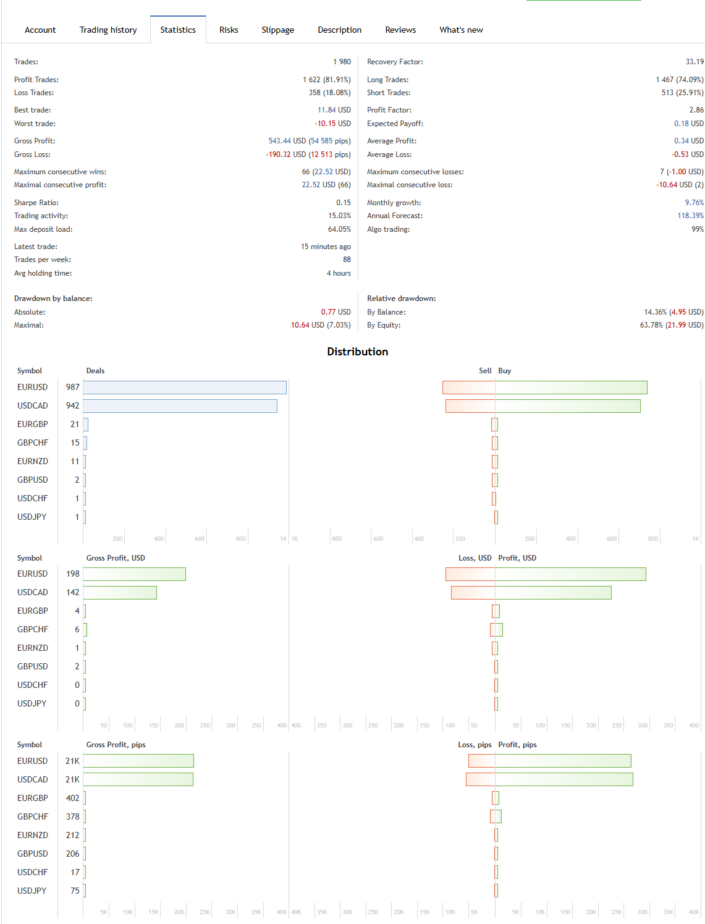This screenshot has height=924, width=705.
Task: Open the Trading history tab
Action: point(108,30)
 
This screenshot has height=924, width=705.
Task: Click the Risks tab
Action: point(229,30)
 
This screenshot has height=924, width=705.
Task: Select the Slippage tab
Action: point(277,30)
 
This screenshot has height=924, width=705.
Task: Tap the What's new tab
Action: point(461,30)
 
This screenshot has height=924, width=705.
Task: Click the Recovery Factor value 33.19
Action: point(694,62)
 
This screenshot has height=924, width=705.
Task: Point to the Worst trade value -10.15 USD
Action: point(332,124)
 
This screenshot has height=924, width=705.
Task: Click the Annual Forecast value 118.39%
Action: point(690,216)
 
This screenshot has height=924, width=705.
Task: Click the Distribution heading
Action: point(357,352)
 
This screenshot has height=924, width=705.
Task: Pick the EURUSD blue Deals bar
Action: point(185,388)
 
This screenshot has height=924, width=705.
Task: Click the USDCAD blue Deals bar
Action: point(180,406)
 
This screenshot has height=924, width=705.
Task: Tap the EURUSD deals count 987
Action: point(72,388)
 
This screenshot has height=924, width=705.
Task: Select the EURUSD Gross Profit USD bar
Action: point(134,574)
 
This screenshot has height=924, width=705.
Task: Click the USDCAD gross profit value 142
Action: point(72,593)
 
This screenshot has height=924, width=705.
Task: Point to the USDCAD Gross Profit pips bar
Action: point(138,779)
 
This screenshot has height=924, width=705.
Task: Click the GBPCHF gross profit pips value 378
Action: point(72,816)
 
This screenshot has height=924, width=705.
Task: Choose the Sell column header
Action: point(485,371)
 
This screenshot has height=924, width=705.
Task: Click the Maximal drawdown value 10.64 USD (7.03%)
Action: point(321,325)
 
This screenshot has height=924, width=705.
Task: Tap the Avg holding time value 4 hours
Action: point(339,273)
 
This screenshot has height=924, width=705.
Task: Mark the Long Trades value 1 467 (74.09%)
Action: point(679,80)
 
